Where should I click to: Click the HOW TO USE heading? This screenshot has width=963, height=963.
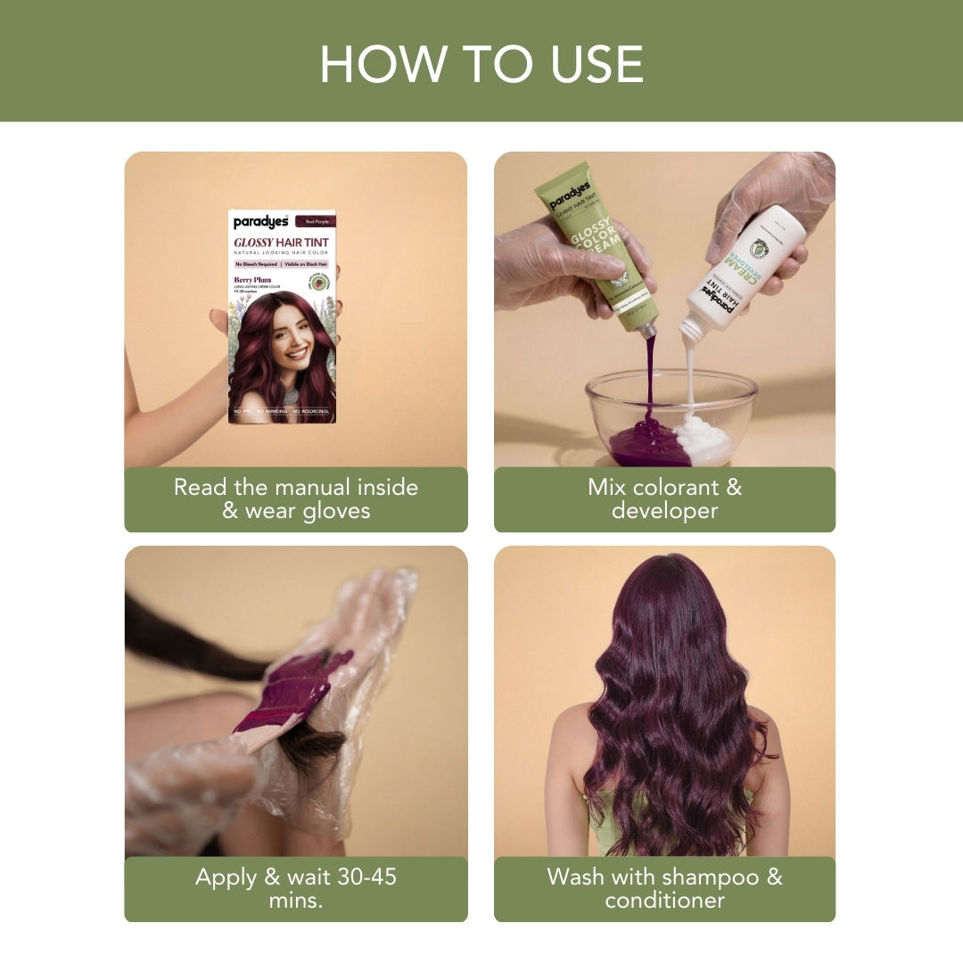pyautogui.click(x=481, y=63)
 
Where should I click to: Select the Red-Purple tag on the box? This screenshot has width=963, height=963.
pyautogui.click(x=318, y=220)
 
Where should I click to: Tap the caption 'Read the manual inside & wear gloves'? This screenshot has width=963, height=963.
pyautogui.click(x=295, y=499)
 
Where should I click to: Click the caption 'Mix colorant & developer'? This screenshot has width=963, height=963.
pyautogui.click(x=664, y=499)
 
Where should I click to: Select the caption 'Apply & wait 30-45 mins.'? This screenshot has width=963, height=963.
pyautogui.click(x=295, y=888)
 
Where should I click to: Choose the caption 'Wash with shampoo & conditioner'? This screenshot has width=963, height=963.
pyautogui.click(x=664, y=888)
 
